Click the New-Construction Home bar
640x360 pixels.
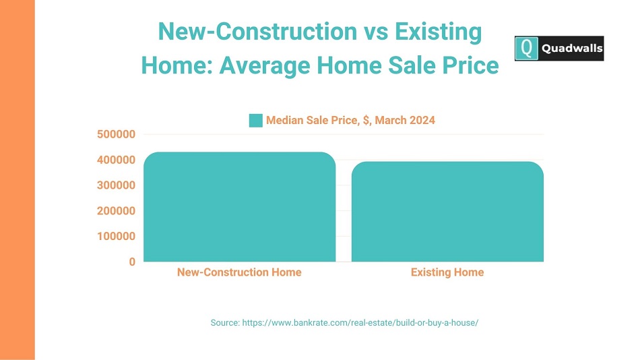(x=240, y=207)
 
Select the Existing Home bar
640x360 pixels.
(x=447, y=212)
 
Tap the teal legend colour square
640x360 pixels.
(x=256, y=121)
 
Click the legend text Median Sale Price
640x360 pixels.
(x=312, y=121)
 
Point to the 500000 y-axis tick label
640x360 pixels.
(x=116, y=134)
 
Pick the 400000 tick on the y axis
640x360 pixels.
(x=116, y=160)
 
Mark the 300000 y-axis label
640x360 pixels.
(x=116, y=185)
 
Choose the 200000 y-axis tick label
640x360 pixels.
(x=116, y=211)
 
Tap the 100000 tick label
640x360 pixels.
(x=116, y=236)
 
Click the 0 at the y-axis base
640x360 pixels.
(x=132, y=262)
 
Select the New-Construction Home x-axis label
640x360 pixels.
(x=239, y=272)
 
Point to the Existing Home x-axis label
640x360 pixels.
(x=447, y=272)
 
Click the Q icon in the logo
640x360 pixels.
(x=527, y=49)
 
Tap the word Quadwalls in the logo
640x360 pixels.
(x=572, y=49)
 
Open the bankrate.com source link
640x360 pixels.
(x=360, y=323)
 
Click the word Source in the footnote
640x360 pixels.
(x=225, y=323)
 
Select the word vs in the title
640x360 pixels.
(x=375, y=32)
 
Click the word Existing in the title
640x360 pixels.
(x=439, y=32)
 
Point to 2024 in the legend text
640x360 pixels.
(x=422, y=121)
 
